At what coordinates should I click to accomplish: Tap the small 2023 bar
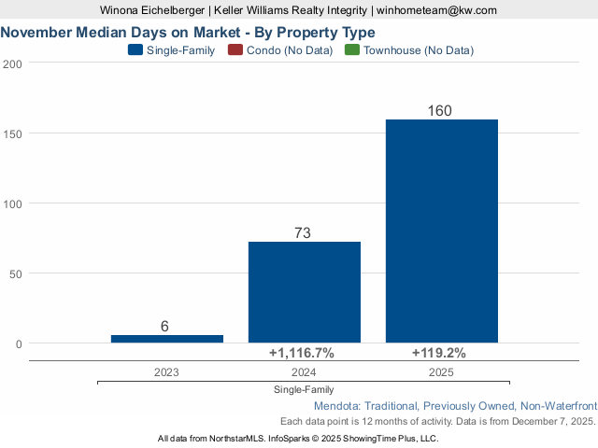(x=166, y=338)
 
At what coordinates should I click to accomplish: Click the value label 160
(x=440, y=111)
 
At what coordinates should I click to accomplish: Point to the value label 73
(x=303, y=233)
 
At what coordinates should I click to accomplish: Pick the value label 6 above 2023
(x=164, y=326)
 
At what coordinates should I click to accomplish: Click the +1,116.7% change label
(x=302, y=353)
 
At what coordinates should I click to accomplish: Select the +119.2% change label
(x=439, y=353)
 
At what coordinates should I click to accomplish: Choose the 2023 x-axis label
(x=166, y=371)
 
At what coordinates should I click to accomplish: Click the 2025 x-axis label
(x=441, y=371)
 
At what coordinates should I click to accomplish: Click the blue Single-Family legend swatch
(x=135, y=50)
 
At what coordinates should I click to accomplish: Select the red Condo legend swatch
(x=235, y=50)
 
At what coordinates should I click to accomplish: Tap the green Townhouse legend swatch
(x=352, y=50)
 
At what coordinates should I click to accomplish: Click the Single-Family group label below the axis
(x=304, y=389)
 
